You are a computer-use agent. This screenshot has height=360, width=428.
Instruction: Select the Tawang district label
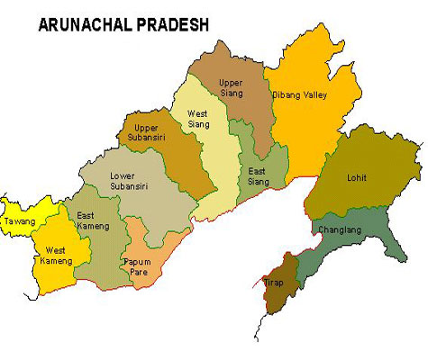pyautogui.click(x=19, y=220)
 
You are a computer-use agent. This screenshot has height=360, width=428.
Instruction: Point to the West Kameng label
pyautogui.click(x=56, y=255)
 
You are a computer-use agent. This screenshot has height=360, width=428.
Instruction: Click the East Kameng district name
pyautogui.click(x=94, y=220)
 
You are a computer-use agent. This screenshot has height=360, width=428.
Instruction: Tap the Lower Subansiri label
pyautogui.click(x=129, y=181)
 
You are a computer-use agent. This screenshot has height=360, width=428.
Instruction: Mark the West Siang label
pyautogui.click(x=198, y=119)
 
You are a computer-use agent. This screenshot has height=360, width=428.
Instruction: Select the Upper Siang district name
pyautogui.click(x=234, y=87)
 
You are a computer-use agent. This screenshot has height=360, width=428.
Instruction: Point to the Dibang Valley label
pyautogui.click(x=299, y=94)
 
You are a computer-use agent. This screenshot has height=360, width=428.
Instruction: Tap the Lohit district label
pyautogui.click(x=357, y=177)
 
